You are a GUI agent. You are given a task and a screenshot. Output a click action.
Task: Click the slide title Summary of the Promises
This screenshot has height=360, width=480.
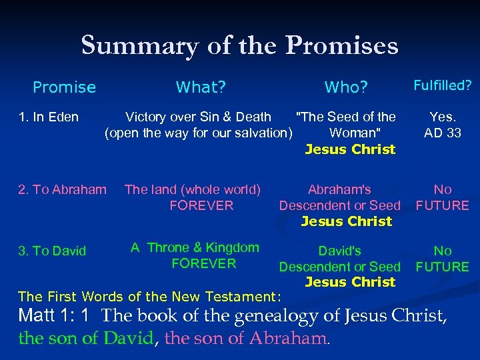[239, 45]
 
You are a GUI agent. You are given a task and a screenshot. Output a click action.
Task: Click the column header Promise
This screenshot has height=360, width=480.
[64, 87]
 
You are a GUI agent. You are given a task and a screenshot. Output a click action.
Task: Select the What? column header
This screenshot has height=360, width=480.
[201, 87]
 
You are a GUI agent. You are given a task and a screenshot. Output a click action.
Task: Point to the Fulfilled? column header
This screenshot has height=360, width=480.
[442, 85]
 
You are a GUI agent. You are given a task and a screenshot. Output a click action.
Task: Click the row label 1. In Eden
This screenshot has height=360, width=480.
[48, 117]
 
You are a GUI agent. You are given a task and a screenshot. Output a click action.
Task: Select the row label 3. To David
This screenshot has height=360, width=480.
[52, 251]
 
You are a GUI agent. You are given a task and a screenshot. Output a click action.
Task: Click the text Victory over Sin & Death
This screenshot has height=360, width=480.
[198, 117]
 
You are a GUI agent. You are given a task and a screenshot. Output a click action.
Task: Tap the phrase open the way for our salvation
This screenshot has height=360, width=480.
[199, 133]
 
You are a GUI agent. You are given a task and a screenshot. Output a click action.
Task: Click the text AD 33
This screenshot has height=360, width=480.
[442, 133]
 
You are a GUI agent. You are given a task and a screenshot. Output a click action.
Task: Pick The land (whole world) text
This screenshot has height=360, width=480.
[193, 189]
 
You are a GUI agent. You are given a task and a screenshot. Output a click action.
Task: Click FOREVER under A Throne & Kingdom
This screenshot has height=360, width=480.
[203, 263]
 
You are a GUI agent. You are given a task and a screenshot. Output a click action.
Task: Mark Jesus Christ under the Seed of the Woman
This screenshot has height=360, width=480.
[350, 149]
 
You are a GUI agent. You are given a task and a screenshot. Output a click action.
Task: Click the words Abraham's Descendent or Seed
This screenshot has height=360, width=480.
[339, 197]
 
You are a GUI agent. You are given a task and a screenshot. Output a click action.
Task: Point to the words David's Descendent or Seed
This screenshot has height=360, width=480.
[339, 259]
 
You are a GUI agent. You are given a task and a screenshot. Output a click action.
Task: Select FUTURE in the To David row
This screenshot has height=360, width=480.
[442, 267]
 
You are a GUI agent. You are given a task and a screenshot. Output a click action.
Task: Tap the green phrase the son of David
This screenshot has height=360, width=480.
[86, 338]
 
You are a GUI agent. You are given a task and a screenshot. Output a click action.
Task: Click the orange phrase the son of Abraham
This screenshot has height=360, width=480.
[246, 338]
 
